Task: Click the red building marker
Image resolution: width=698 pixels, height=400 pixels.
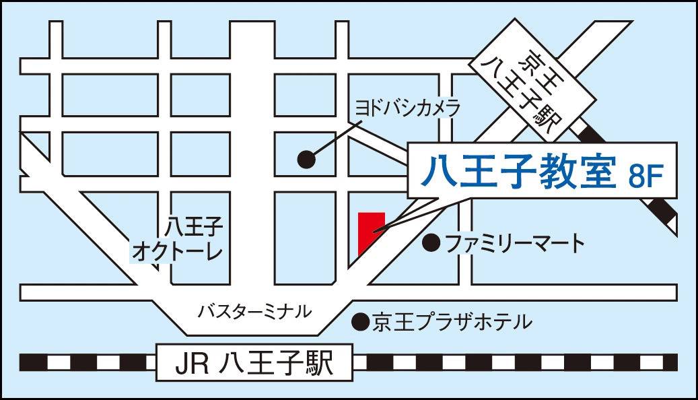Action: click(370, 232)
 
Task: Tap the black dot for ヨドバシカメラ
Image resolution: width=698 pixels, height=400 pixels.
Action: click(307, 159)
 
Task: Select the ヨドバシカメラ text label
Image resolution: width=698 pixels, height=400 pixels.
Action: click(407, 107)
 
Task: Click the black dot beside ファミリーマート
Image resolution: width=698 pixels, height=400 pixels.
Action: click(431, 242)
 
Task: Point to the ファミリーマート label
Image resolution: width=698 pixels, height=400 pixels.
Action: click(515, 242)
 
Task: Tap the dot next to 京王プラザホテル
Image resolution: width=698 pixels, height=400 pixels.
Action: click(361, 323)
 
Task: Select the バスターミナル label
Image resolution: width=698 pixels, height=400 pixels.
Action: click(254, 311)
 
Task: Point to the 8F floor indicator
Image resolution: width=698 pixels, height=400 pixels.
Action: click(646, 176)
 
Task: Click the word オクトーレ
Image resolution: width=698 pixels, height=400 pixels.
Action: click(178, 253)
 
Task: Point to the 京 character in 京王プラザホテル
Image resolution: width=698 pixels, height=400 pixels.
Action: click(382, 323)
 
